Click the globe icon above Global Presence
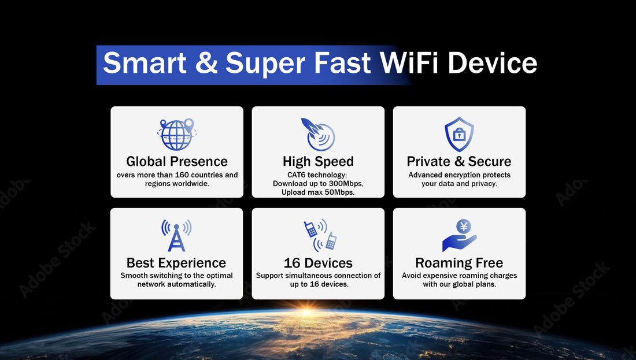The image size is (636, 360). [x=177, y=134]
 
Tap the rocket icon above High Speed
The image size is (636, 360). [x=318, y=134]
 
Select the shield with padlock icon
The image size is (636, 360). [x=459, y=134]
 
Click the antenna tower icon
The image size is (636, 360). [x=176, y=236]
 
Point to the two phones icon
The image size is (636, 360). [x=320, y=235]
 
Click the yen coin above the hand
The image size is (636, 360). [x=464, y=227]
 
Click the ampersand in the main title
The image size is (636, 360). [x=206, y=63]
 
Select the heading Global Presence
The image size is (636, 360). [x=177, y=161]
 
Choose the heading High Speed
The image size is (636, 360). [x=318, y=162]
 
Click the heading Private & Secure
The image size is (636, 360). [x=459, y=161]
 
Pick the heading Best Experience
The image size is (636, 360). [x=176, y=263]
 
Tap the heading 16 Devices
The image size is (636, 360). [x=318, y=263]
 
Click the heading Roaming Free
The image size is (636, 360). [x=459, y=263]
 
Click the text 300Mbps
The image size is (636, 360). [x=346, y=184]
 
